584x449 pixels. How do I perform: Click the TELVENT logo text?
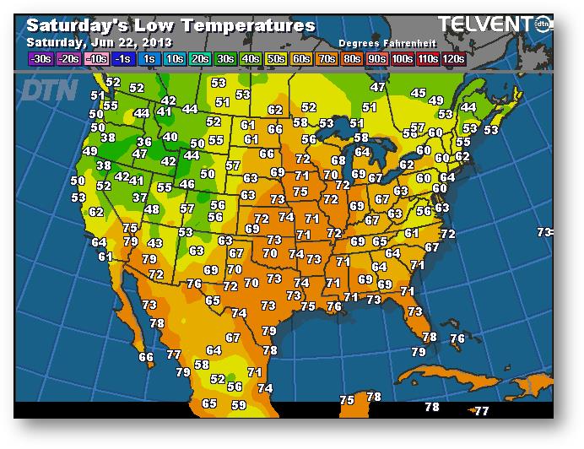coord(489,24)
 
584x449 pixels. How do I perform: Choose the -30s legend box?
coord(40,59)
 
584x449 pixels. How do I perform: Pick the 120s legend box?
coord(453,59)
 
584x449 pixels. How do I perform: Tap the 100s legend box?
coord(402,59)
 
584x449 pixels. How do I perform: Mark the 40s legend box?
coord(251,59)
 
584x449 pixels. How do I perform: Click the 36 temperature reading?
coord(144,142)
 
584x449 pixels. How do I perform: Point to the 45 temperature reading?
coord(418,93)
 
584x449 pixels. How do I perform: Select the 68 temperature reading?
coord(338,160)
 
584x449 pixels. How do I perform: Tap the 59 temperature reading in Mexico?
coord(238,405)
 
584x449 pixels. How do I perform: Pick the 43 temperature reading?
coord(154,243)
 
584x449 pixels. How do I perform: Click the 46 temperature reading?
coord(187,184)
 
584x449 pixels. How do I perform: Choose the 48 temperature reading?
coord(152,209)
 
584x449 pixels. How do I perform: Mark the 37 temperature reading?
coord(140,197)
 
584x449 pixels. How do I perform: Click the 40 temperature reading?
coord(170,137)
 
